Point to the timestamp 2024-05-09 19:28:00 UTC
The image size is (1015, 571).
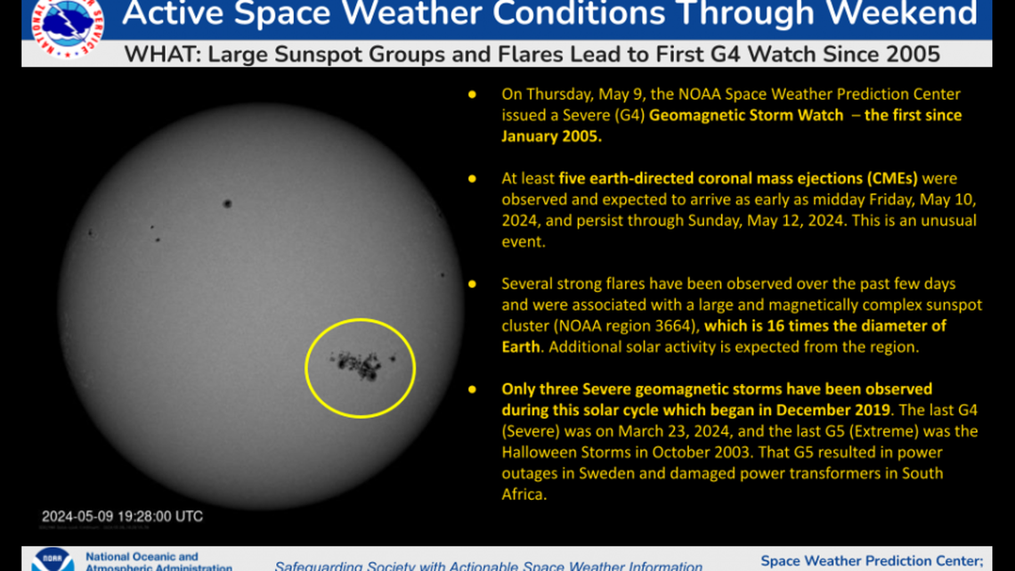pyautogui.click(x=122, y=516)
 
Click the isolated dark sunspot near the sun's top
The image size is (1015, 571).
pyautogui.click(x=227, y=203)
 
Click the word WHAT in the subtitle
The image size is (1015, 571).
pyautogui.click(x=152, y=53)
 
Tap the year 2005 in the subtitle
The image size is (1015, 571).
pyautogui.click(x=913, y=53)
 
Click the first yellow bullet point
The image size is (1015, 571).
pyautogui.click(x=473, y=94)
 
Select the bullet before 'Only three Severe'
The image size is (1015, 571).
pyautogui.click(x=473, y=389)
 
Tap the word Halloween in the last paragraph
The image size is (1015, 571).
pyautogui.click(x=538, y=453)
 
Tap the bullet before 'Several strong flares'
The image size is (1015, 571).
pyautogui.click(x=473, y=284)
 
